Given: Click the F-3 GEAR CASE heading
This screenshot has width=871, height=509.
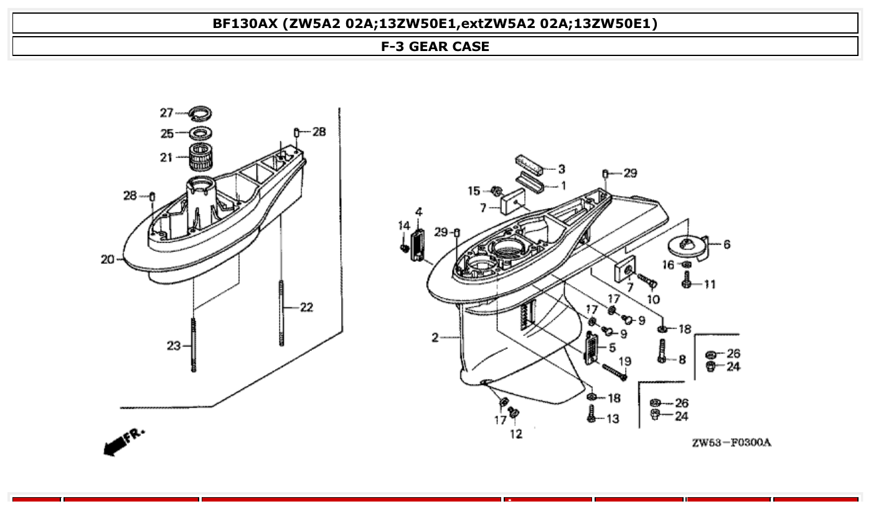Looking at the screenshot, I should [435, 47].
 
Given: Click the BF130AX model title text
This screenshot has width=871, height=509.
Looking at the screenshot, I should [435, 24].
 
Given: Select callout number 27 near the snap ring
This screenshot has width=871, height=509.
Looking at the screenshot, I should [166, 113].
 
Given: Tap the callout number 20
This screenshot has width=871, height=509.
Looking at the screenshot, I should [107, 259].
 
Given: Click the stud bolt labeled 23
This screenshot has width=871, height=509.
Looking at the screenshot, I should [194, 345].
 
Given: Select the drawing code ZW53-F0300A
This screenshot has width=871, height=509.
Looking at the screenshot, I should [731, 443].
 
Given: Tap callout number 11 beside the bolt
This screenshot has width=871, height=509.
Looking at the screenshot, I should [709, 284].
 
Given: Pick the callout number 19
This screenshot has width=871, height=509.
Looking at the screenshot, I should [624, 362].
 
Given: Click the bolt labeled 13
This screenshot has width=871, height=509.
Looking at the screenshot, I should [591, 413].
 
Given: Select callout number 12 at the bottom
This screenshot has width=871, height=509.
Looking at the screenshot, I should [516, 434].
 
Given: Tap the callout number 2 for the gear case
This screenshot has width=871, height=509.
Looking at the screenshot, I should [435, 338].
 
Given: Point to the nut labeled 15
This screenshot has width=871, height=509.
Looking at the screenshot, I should [496, 190].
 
